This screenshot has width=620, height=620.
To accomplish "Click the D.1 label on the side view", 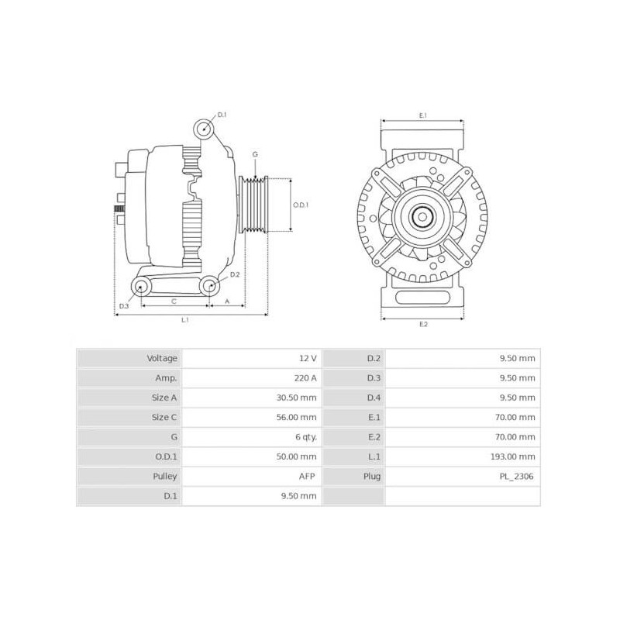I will pyautogui.click(x=222, y=115).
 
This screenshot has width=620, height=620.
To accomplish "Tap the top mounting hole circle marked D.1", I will pyautogui.click(x=204, y=129).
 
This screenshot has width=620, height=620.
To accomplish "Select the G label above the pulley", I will pyautogui.click(x=255, y=154).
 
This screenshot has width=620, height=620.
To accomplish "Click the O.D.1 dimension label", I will pyautogui.click(x=301, y=205).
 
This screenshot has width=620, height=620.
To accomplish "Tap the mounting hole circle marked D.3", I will pyautogui.click(x=141, y=288).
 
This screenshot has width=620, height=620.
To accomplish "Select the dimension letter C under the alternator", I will pyautogui.click(x=174, y=300).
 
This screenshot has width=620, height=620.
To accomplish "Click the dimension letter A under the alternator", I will pyautogui.click(x=227, y=300).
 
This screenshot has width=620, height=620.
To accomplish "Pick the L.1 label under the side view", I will pyautogui.click(x=185, y=319).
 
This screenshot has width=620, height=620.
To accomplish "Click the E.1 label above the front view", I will pyautogui.click(x=423, y=115).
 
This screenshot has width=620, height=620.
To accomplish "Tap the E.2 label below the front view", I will pyautogui.click(x=423, y=323).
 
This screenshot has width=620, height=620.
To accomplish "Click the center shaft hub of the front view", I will pyautogui.click(x=422, y=217).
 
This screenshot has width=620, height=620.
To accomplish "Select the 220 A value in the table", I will pyautogui.click(x=307, y=378).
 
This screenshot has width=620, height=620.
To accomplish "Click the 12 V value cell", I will pyautogui.click(x=308, y=358).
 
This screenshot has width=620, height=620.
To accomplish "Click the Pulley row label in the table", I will pyautogui.click(x=166, y=476).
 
